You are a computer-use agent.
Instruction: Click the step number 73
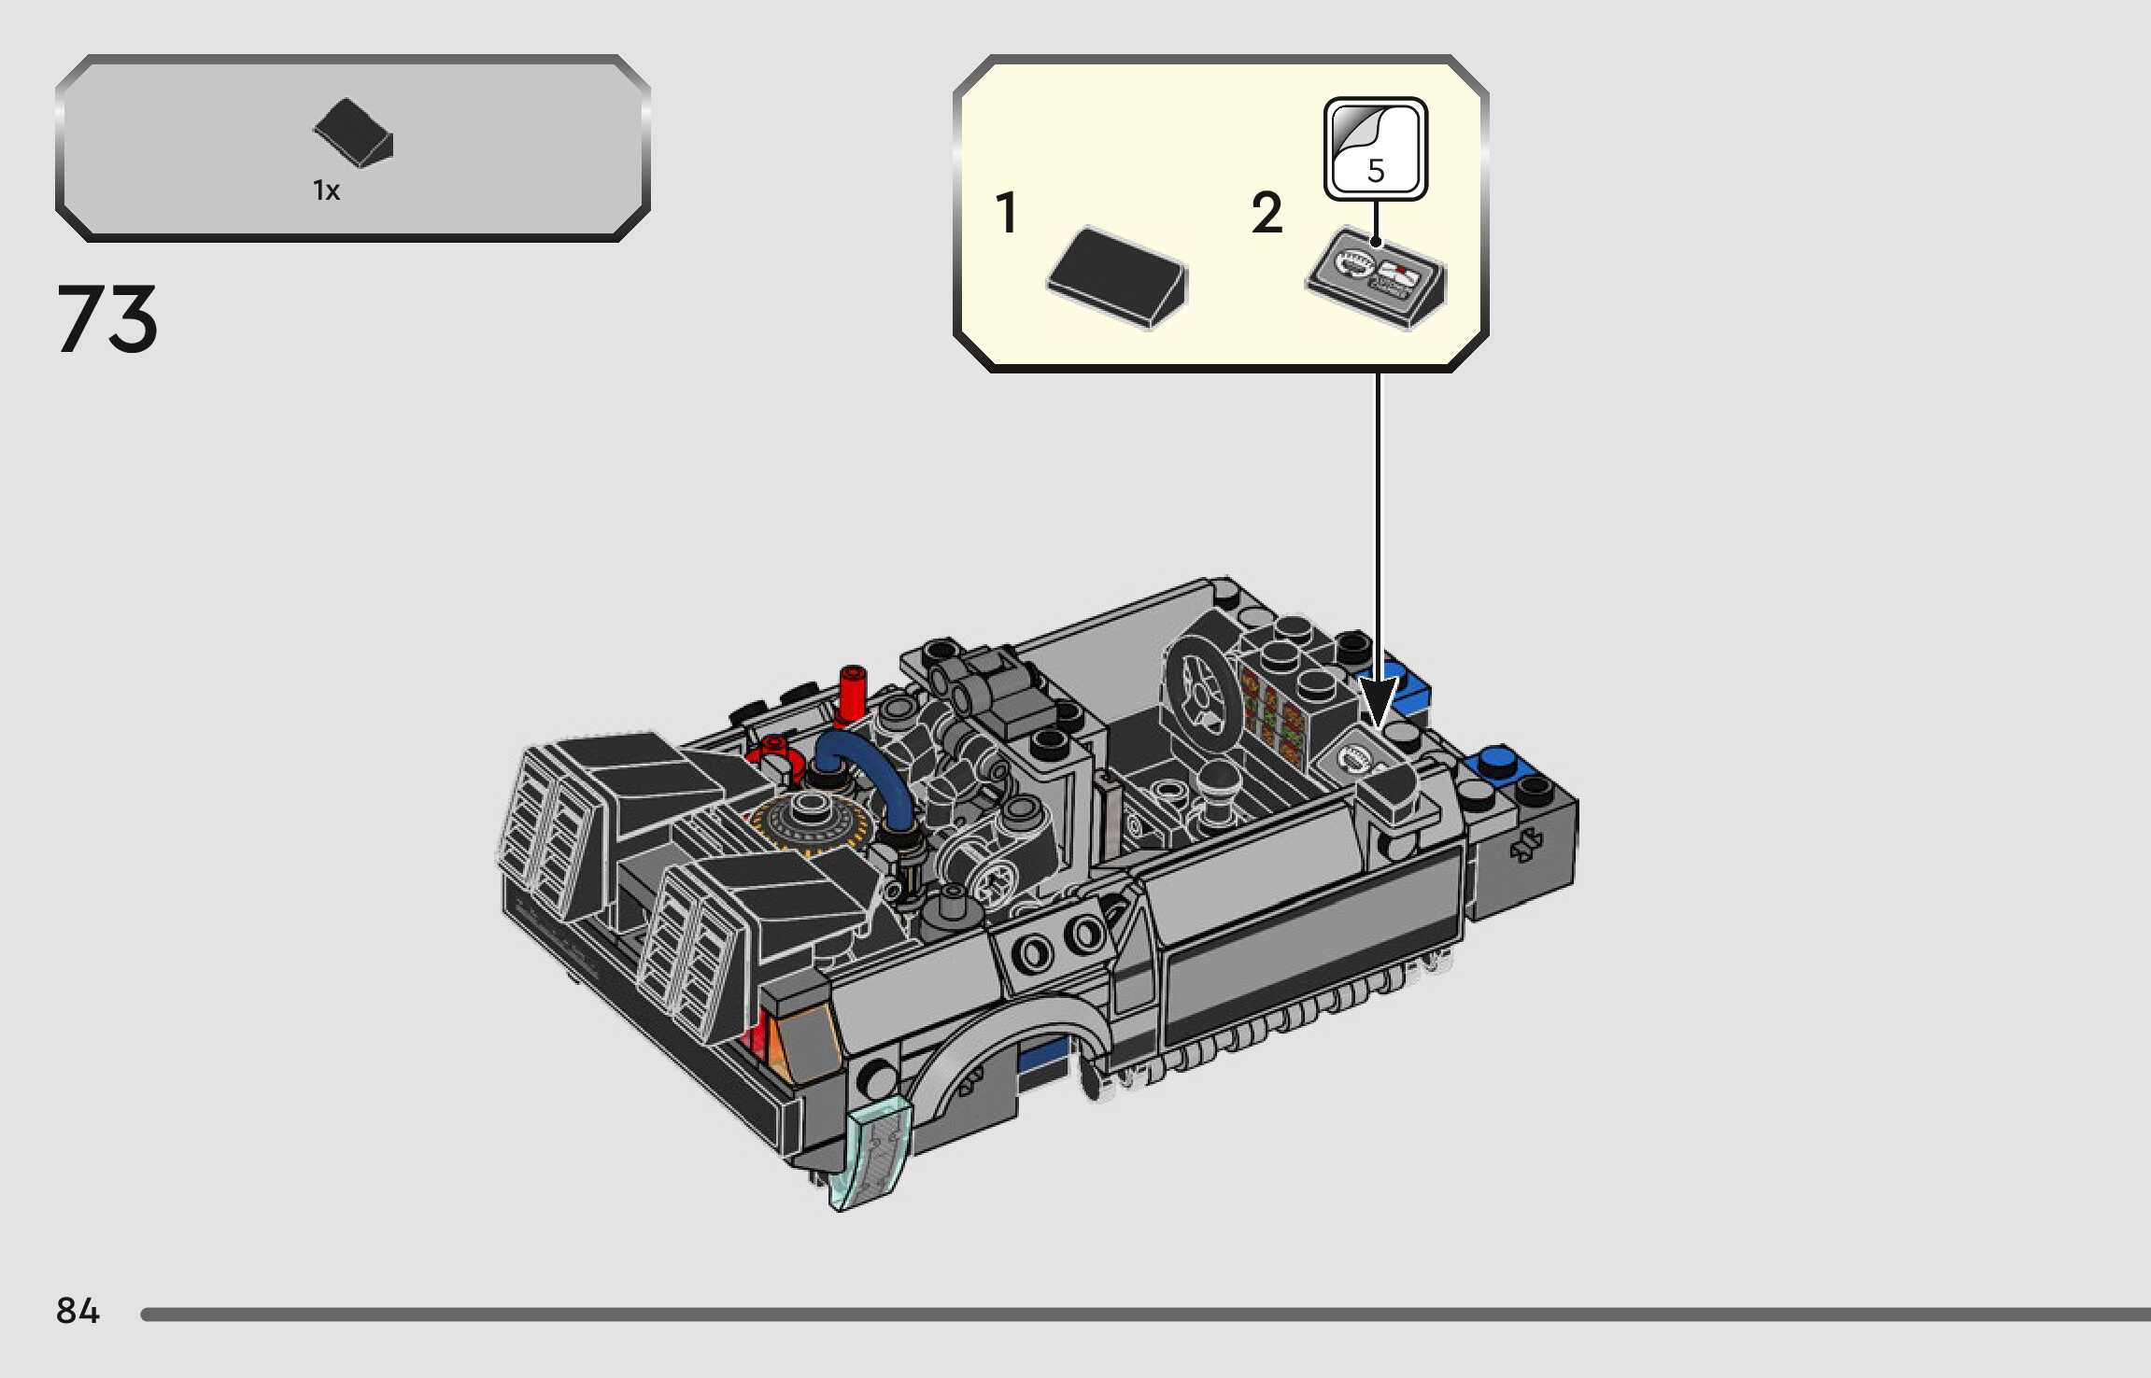[x=107, y=319]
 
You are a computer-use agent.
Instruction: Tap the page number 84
[x=78, y=1311]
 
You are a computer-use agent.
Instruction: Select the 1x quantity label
[x=326, y=190]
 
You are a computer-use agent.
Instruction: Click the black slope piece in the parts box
[x=353, y=134]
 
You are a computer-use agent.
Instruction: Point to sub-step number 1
[x=1006, y=213]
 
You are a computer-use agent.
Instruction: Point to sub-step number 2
[x=1267, y=213]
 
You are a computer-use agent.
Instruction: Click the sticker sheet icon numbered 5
[x=1375, y=148]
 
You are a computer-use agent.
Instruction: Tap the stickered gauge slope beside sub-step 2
[x=1375, y=277]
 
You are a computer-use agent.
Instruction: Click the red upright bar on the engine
[x=852, y=696]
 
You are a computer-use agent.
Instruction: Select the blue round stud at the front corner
[x=1496, y=761]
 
